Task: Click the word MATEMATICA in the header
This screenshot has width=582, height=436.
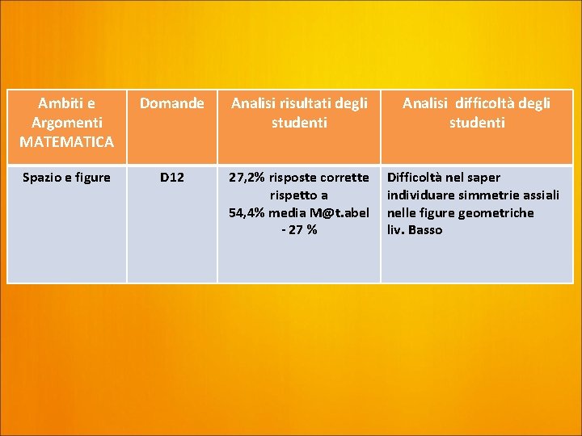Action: pos(67,142)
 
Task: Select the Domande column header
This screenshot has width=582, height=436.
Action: pos(171,103)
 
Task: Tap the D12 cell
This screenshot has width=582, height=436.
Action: pos(171,178)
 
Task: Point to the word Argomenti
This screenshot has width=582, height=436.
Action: pos(67,123)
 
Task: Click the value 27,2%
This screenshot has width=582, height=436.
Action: pos(247,178)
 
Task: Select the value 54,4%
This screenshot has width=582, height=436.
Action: pos(247,213)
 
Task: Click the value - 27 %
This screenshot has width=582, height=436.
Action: pos(299,230)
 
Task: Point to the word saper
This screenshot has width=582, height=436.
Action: pos(483,178)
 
